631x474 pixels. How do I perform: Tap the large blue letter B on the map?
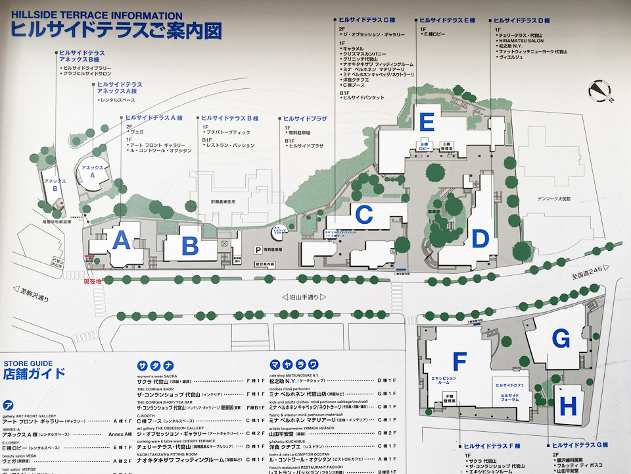tap(190, 247)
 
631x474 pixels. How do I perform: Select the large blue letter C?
tap(363, 215)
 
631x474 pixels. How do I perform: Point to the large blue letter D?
tap(480, 238)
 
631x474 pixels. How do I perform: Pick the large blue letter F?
tap(459, 361)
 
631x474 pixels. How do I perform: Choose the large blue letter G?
tap(561, 339)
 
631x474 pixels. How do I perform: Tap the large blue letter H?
tap(569, 405)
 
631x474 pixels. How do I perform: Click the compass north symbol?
tap(599, 92)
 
